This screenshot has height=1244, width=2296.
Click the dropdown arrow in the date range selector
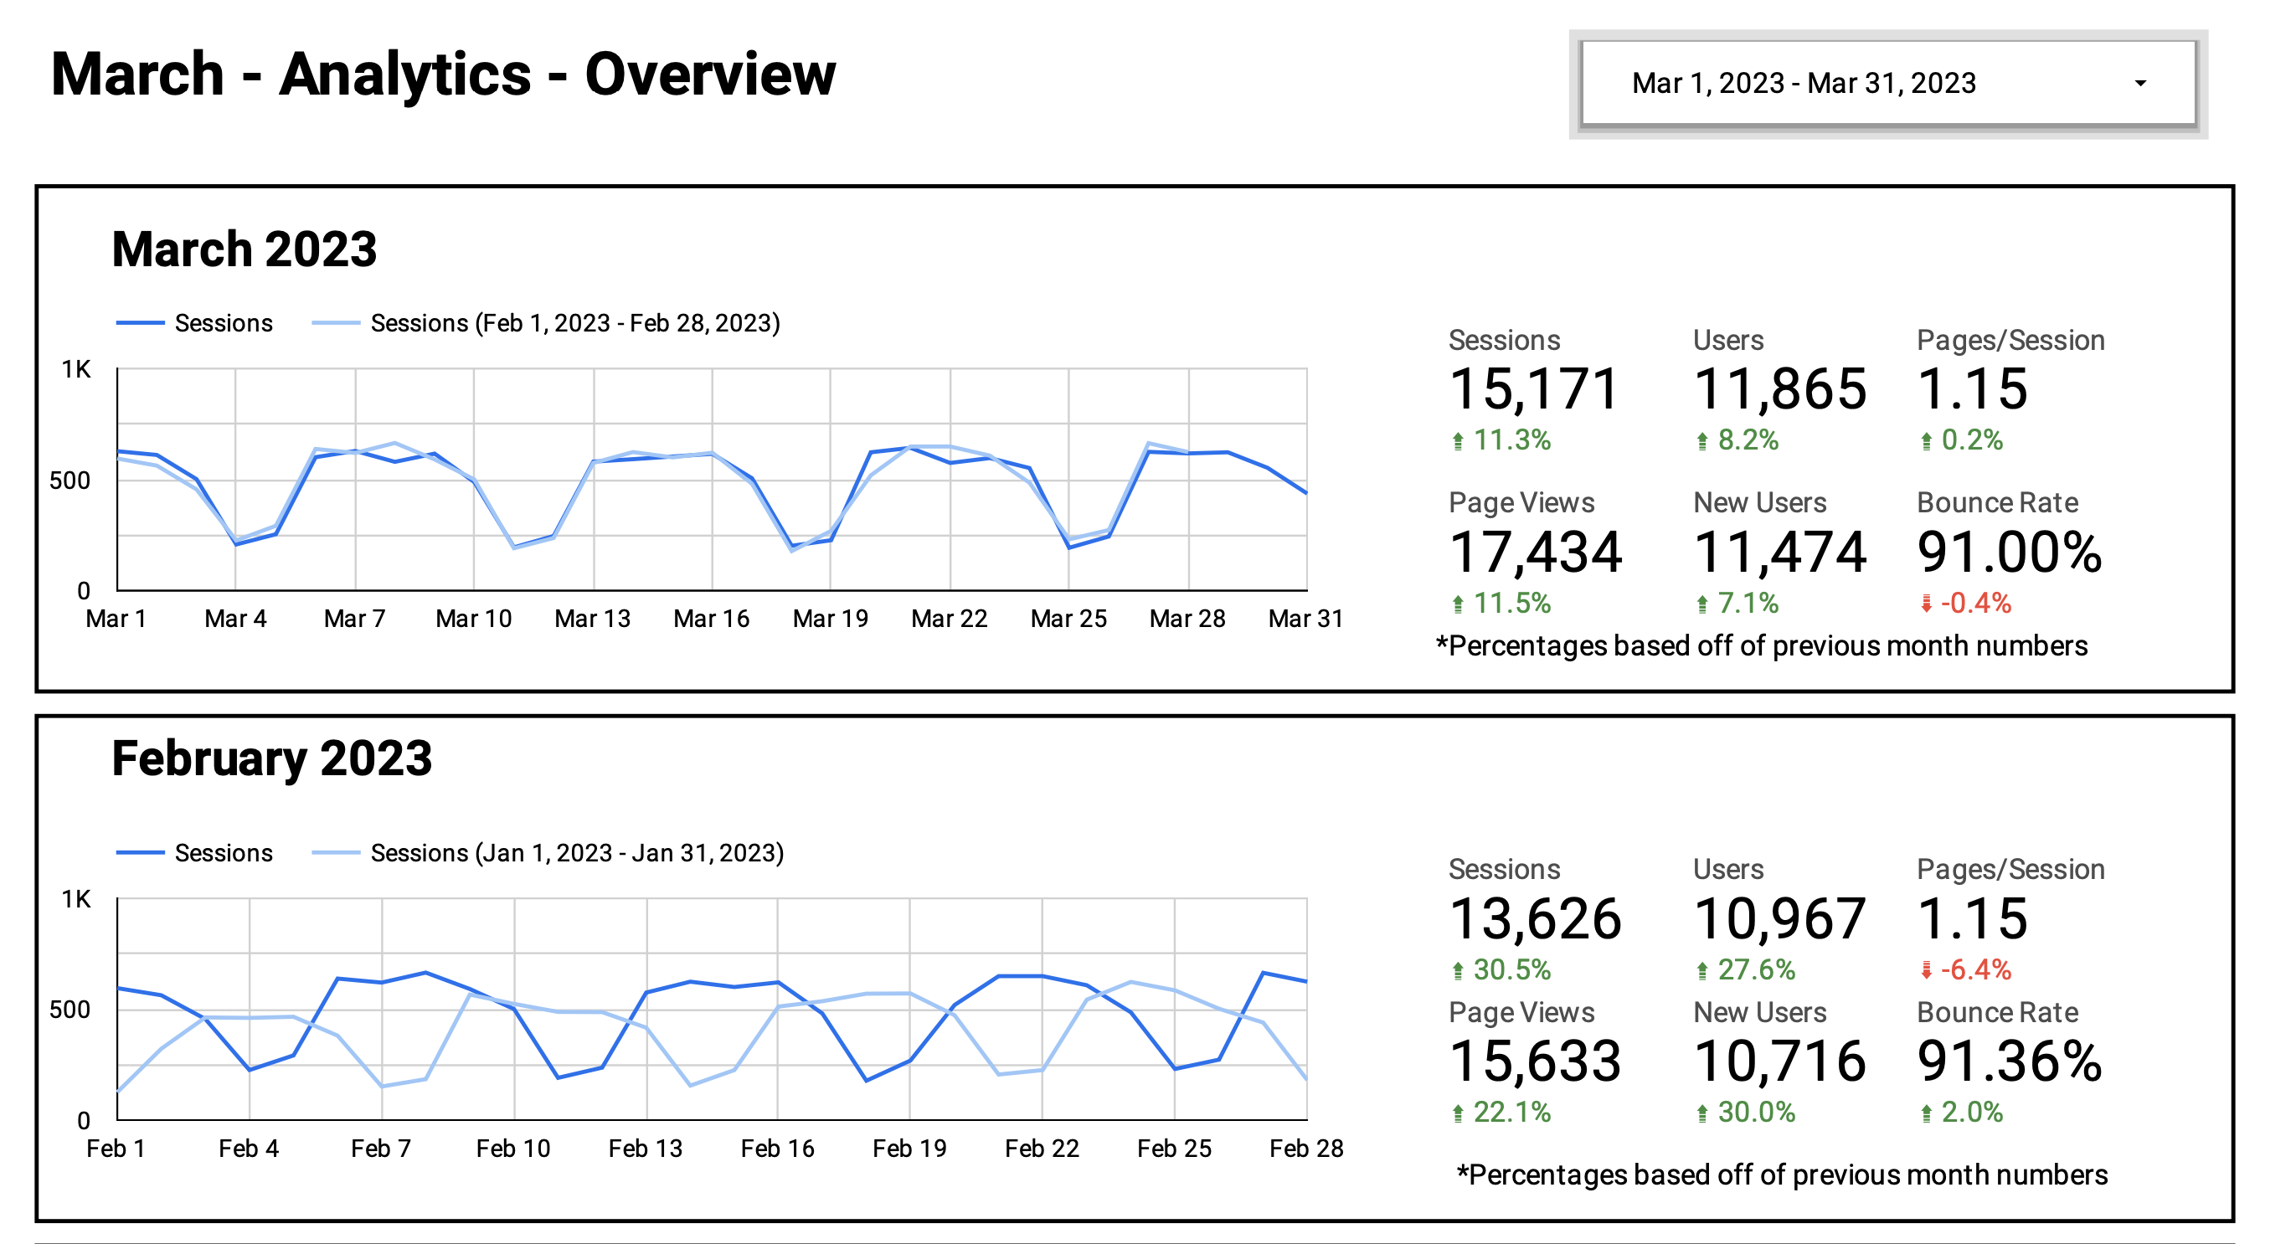(x=2139, y=84)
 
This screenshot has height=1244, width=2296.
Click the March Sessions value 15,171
(x=1533, y=389)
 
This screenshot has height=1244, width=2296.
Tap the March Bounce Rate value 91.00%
(x=2009, y=552)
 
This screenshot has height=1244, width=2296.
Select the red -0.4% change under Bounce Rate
(x=1974, y=604)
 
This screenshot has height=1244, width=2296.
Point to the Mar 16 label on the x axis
(x=711, y=619)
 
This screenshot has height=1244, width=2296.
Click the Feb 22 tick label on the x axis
(x=1041, y=1148)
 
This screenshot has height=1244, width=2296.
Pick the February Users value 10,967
(x=1779, y=918)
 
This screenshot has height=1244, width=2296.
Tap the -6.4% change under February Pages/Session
(x=1974, y=969)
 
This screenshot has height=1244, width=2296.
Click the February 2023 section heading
(x=272, y=758)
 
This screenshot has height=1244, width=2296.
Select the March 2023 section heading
(x=245, y=249)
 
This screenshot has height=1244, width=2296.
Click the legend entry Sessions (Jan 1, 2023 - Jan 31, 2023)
(x=576, y=853)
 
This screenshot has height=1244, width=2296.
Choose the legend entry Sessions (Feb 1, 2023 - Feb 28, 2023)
(x=574, y=322)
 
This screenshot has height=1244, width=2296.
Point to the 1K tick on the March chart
(x=75, y=369)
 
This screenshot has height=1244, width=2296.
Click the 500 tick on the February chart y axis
(x=69, y=1010)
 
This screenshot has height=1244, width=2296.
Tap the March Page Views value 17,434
(x=1535, y=552)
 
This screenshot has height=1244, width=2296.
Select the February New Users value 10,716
(x=1779, y=1061)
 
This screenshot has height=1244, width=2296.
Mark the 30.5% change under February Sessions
(x=1511, y=969)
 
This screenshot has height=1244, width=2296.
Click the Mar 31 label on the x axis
(x=1305, y=619)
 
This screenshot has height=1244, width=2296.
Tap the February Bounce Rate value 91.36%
(x=2009, y=1061)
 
